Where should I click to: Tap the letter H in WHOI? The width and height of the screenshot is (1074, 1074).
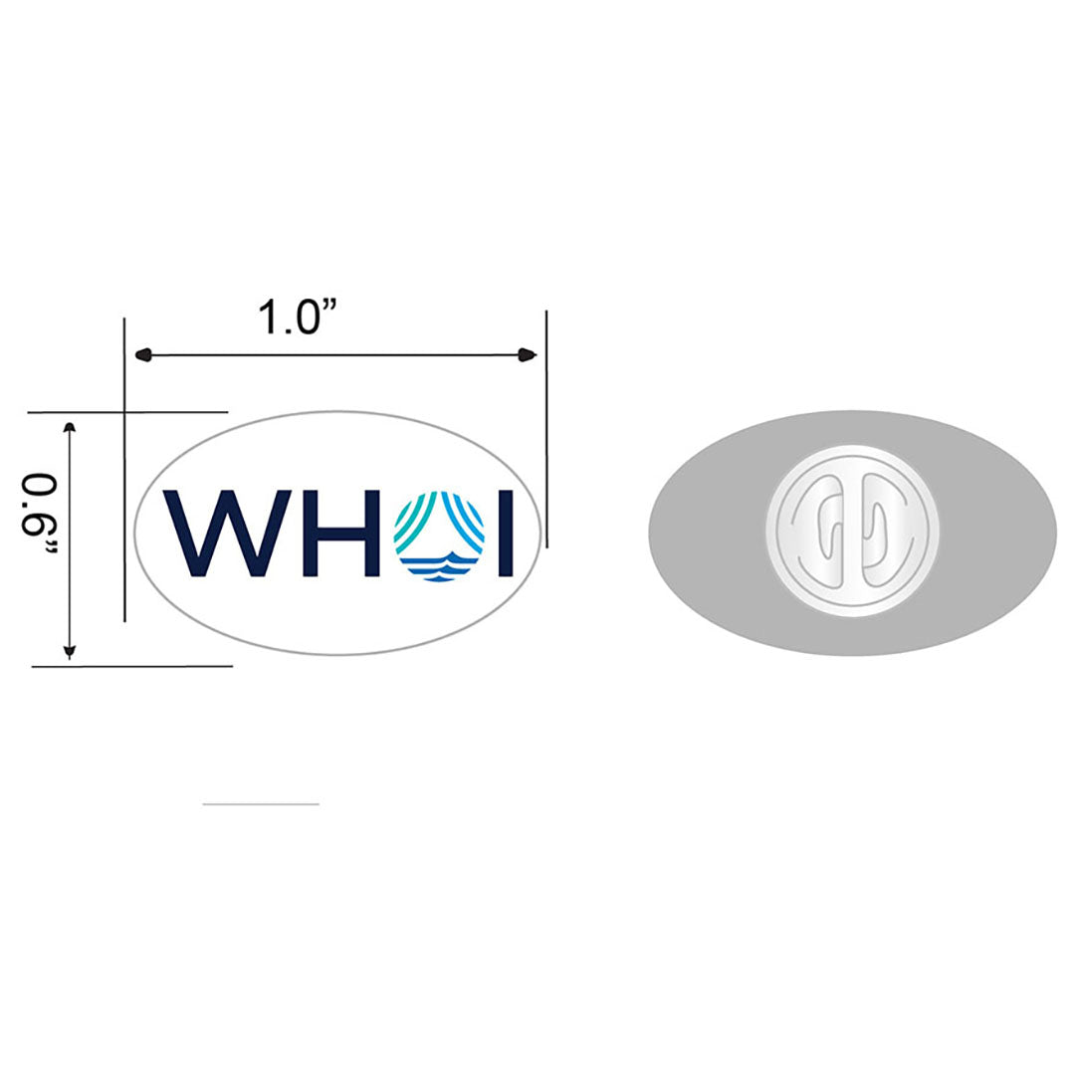[x=333, y=534]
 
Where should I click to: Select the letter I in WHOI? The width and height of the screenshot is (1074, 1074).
[x=505, y=534]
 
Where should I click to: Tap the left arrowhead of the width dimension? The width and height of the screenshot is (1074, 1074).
[x=142, y=353]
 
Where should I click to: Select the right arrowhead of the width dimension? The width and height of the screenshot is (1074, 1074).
[x=529, y=355]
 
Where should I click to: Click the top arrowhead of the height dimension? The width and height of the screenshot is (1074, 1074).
[x=70, y=428]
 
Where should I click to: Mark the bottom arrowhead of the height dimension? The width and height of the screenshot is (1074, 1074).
[x=70, y=652]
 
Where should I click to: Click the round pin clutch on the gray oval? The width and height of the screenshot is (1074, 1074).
[x=852, y=532]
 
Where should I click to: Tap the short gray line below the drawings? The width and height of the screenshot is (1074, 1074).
[x=261, y=803]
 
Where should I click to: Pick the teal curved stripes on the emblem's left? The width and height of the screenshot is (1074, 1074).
[x=413, y=520]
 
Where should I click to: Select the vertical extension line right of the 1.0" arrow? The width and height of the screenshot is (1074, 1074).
[x=546, y=428]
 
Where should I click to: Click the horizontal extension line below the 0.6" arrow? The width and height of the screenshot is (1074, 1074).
[x=132, y=666]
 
